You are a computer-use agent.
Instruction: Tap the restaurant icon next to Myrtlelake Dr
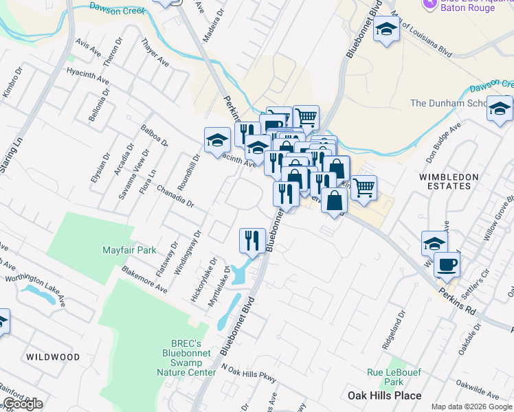(252, 240)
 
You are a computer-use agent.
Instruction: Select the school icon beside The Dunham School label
(500, 108)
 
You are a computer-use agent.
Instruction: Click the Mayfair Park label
(130, 250)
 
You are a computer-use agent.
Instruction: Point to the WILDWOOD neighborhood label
(53, 357)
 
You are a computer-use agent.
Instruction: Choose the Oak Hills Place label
(384, 396)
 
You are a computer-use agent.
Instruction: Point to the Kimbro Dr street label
(12, 82)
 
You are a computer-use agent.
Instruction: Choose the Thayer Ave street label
(155, 53)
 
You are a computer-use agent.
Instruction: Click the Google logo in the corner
(23, 404)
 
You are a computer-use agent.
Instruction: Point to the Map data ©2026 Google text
(471, 407)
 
